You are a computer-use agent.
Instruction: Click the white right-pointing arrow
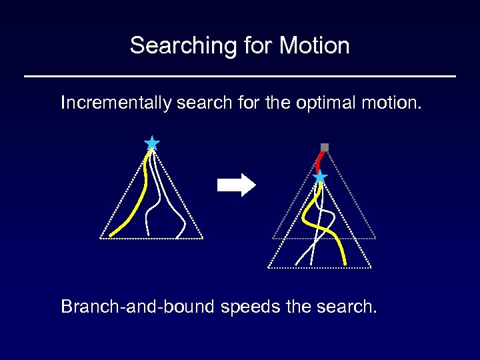[x=236, y=185]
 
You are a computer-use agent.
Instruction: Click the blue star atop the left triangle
[x=152, y=143]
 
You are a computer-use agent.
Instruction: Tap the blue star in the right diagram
[x=320, y=177]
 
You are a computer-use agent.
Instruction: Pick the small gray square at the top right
[x=325, y=147]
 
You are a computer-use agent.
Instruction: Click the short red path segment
[x=321, y=161]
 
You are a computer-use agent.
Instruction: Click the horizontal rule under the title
[x=240, y=77]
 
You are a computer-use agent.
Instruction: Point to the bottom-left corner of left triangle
[x=101, y=237]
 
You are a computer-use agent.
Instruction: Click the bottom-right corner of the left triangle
[x=202, y=237]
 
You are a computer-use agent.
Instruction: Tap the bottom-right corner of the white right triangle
[x=371, y=267]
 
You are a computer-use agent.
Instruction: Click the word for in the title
[x=253, y=46]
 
